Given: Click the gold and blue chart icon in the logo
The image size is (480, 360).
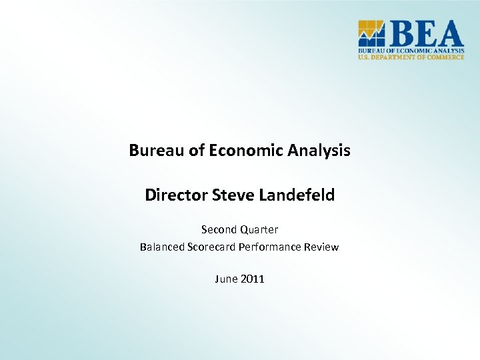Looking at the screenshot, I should pos(371,33).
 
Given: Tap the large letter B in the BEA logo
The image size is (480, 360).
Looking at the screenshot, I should pos(400,33).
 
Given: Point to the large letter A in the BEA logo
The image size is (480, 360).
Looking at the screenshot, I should pos(449,33).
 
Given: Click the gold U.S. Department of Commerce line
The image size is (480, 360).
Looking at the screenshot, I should pos(411,57).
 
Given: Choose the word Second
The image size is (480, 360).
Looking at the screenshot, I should pos(219,229).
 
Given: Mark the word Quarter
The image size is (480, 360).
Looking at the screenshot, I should pos(259,230).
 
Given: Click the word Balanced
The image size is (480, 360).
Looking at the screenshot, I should pos(162,247).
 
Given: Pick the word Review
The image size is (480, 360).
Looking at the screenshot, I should pos(321,247).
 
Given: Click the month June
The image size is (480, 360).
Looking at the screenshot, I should pos(225,279).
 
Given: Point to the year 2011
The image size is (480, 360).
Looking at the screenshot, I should pos(253,279).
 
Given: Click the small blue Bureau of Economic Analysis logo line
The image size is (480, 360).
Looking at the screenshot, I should pos(411,50).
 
